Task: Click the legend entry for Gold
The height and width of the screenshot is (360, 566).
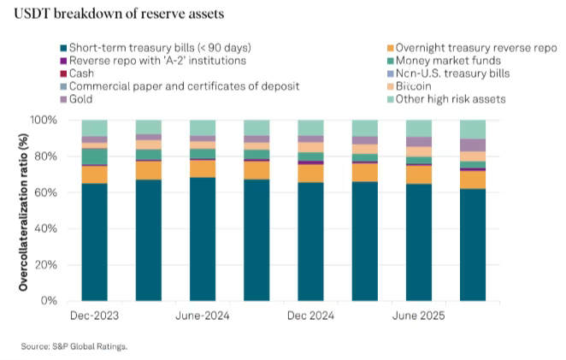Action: (x=82, y=99)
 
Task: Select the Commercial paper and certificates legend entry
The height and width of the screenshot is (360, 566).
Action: (x=180, y=86)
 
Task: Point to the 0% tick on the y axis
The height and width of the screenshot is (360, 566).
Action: (x=50, y=301)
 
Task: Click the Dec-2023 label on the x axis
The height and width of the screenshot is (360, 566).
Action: (x=93, y=315)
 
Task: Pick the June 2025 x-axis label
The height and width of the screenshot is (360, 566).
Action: (x=417, y=315)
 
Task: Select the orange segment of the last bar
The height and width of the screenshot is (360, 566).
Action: (x=472, y=180)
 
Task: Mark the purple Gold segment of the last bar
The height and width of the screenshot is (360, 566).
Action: (x=472, y=145)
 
